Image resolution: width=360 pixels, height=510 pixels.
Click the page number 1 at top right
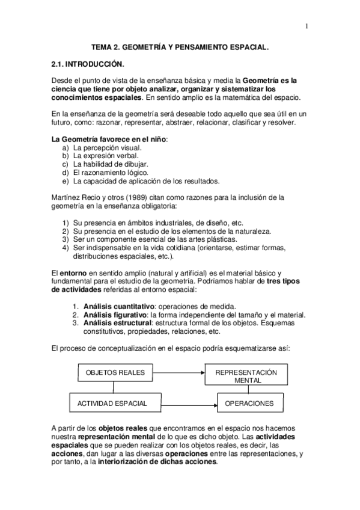(x=307, y=26)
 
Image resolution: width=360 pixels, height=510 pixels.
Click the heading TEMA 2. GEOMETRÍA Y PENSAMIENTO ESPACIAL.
(x=180, y=45)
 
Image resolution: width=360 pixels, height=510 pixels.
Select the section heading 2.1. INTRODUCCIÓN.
(x=87, y=63)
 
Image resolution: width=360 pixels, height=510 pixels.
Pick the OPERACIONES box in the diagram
(x=245, y=402)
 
